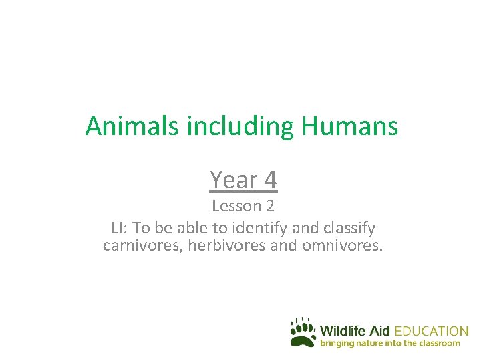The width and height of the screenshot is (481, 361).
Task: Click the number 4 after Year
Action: click(x=270, y=179)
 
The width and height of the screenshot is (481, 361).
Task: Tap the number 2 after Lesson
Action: click(x=269, y=205)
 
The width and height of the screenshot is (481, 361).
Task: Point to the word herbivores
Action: click(x=226, y=245)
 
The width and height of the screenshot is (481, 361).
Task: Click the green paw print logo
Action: click(x=303, y=332)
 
